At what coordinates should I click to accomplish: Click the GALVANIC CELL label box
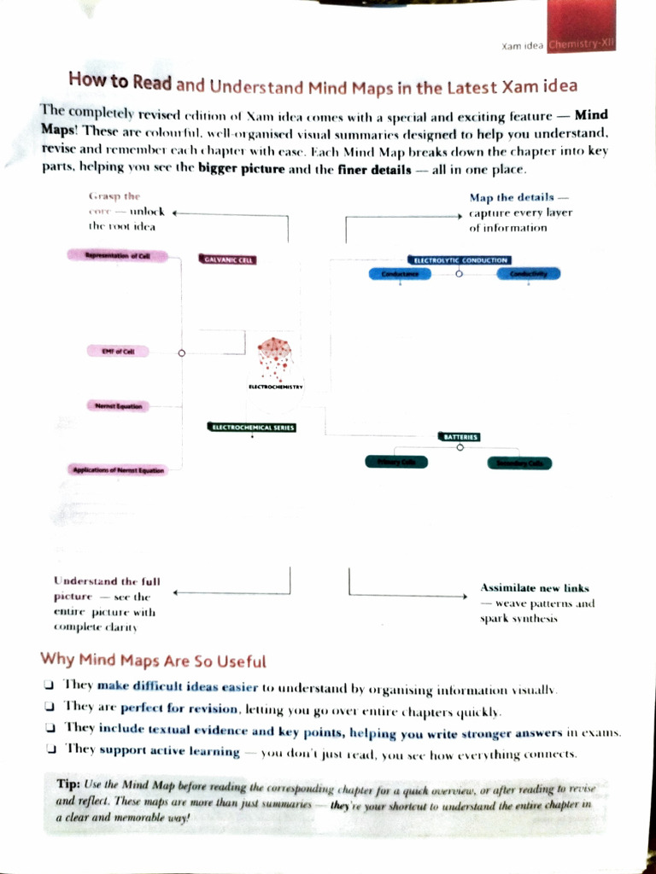coord(228,259)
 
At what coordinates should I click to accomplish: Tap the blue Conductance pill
coord(400,274)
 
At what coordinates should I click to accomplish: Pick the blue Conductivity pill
coord(528,274)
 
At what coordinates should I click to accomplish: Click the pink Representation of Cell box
coord(117,255)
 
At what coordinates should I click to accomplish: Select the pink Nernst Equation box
coord(118,406)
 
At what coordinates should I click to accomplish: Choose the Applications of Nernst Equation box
coord(118,469)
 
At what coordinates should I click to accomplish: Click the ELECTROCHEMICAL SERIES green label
coord(252,427)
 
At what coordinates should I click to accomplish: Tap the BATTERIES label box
coord(460,436)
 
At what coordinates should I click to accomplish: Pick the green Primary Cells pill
coord(396,462)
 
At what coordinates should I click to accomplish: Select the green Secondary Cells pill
coord(519,463)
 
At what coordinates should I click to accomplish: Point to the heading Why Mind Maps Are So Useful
coord(154,661)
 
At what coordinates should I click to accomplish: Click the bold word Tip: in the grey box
coord(68,784)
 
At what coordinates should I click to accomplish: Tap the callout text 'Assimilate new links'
coord(535,588)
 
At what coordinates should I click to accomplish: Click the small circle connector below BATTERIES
coord(460,447)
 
